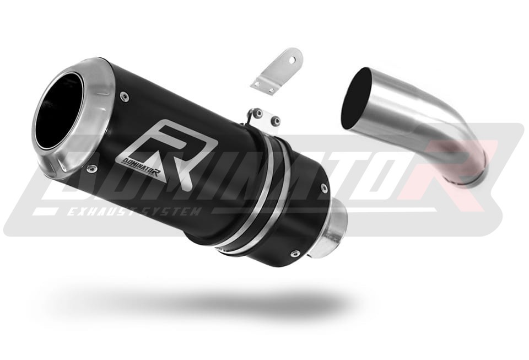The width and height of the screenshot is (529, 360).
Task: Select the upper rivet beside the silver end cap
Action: [x=126, y=97]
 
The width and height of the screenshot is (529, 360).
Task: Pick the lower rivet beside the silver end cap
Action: [x=91, y=168]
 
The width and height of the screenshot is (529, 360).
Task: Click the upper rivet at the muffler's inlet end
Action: [x=324, y=189]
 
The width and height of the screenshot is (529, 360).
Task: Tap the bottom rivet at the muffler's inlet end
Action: [x=295, y=253]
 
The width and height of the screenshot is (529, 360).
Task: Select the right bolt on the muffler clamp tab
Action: [x=276, y=120]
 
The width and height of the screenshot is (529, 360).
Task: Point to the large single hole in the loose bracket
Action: [x=293, y=60]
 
